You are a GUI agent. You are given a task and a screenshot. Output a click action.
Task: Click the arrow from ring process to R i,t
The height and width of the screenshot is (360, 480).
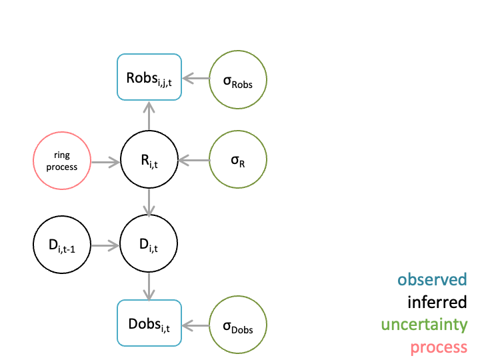point(105,162)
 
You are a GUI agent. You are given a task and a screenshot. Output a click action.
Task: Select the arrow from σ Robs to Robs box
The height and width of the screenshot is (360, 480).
point(196,79)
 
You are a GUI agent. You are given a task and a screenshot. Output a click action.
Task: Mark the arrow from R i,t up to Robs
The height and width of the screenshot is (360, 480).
point(149,116)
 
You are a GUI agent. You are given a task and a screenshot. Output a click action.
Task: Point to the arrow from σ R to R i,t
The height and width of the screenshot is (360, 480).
point(194,160)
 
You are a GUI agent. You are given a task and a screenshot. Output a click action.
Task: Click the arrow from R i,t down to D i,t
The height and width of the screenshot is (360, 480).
point(149,203)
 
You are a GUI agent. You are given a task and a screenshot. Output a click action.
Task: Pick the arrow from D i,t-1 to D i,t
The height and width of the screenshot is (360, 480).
point(105,245)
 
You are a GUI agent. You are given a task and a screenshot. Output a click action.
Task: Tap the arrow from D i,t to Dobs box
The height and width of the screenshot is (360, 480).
point(149,287)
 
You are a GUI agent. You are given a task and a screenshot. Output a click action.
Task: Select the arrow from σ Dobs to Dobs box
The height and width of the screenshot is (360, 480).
point(196,325)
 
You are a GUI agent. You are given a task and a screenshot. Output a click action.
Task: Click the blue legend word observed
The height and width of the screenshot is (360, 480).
point(432,280)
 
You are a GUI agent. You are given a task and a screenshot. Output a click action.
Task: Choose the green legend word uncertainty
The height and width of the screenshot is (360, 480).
point(424,325)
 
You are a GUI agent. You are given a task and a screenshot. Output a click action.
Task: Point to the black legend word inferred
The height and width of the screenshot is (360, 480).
point(437,302)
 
